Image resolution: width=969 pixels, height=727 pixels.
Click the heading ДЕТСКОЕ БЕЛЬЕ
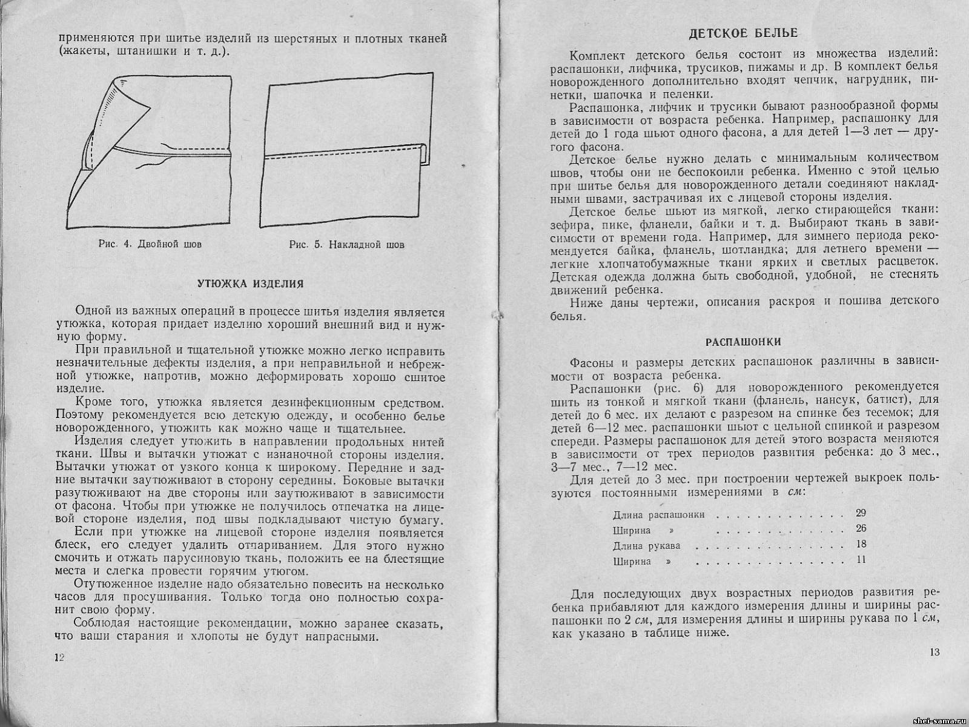click(744, 33)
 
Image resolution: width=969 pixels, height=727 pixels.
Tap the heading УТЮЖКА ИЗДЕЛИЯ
click(251, 284)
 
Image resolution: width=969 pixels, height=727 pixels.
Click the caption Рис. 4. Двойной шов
click(150, 245)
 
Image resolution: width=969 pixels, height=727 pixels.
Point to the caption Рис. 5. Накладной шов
click(346, 245)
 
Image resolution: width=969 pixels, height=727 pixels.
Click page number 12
click(59, 658)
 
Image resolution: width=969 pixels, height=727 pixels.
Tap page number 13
click(933, 652)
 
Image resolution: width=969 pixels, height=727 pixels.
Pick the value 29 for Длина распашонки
click(861, 513)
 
